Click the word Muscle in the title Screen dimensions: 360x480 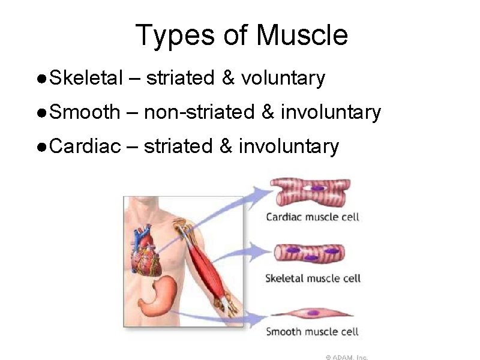[x=302, y=35]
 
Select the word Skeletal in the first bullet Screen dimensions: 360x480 [x=87, y=78]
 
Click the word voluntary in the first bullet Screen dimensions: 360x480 [x=283, y=78]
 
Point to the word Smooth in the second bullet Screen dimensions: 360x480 [x=85, y=112]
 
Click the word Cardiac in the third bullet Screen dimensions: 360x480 [x=85, y=146]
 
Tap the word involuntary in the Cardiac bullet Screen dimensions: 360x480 [x=289, y=146]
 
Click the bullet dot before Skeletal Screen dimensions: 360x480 [x=40, y=79]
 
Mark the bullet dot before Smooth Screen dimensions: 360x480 [x=40, y=113]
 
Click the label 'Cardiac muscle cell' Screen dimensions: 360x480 [x=313, y=217]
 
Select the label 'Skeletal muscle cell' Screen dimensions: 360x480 [x=313, y=278]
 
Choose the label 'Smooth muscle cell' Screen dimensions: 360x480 [x=312, y=331]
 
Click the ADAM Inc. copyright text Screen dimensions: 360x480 [x=347, y=356]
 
